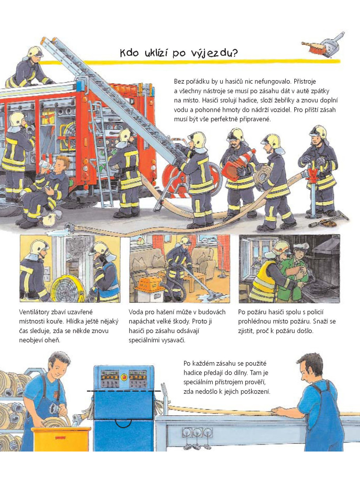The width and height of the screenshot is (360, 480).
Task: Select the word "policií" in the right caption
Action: pyautogui.click(x=314, y=312)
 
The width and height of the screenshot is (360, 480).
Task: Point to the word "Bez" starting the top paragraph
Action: pyautogui.click(x=179, y=82)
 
